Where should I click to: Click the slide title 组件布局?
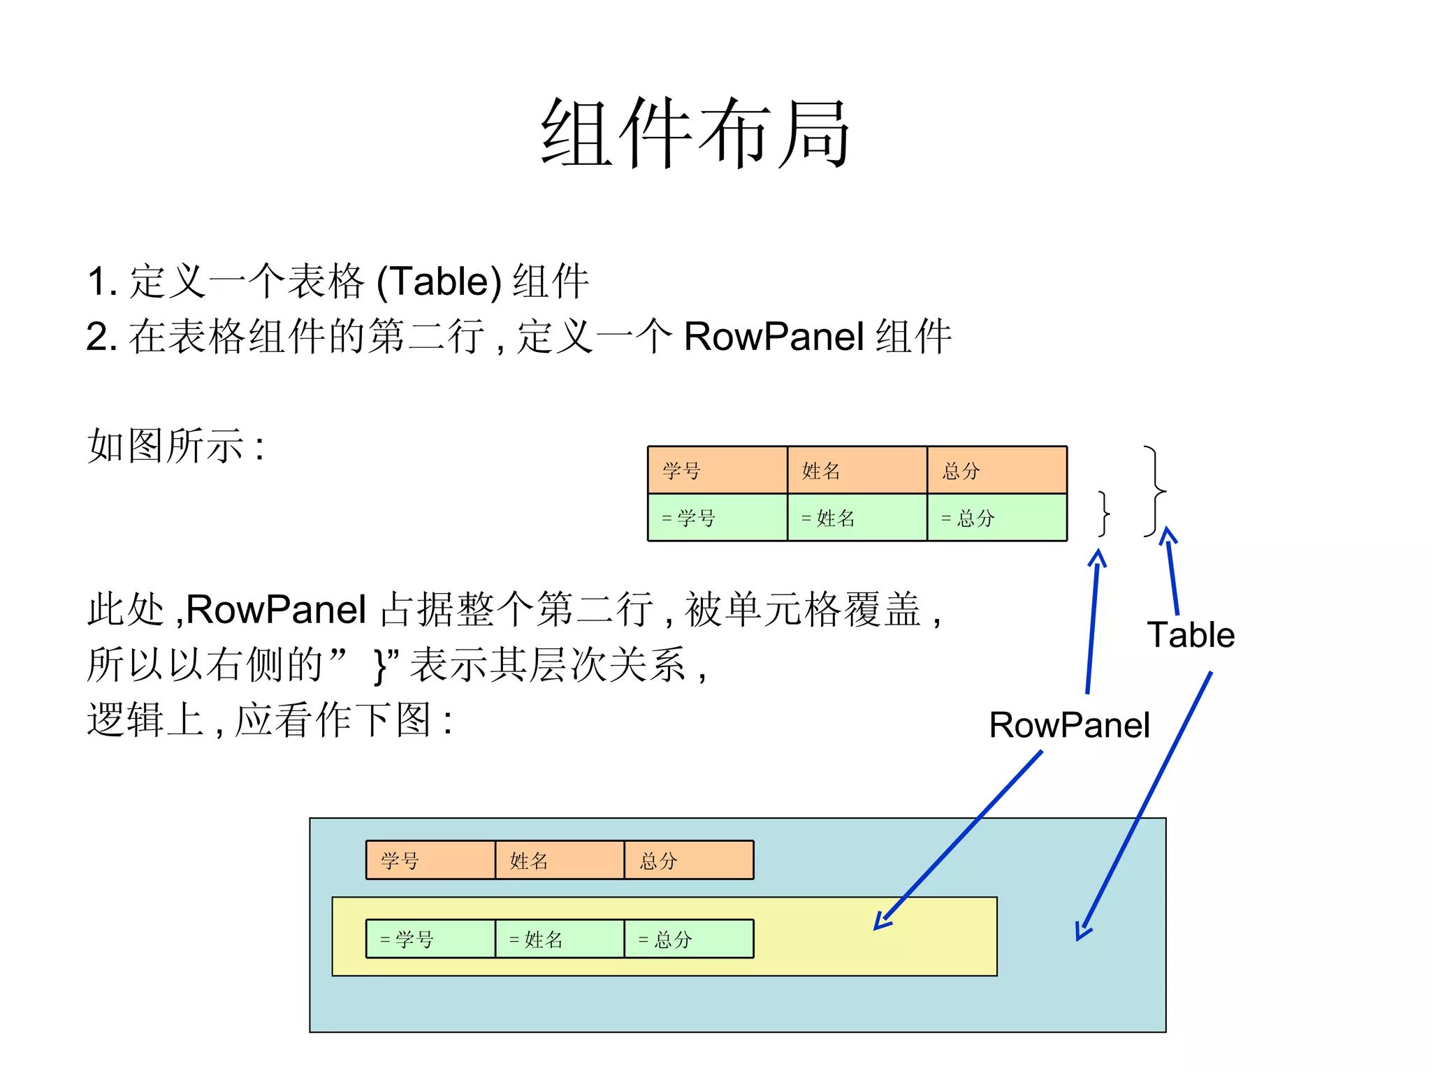click(695, 133)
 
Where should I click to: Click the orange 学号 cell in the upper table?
click(717, 470)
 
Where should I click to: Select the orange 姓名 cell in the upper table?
click(857, 470)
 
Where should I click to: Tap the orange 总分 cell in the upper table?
click(996, 470)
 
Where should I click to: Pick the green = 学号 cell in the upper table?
click(717, 518)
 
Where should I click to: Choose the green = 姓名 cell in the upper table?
click(857, 518)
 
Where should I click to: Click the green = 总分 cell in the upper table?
click(996, 518)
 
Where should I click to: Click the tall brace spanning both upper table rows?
click(1154, 491)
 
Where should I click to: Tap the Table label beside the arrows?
click(1191, 635)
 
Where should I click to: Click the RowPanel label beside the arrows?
click(1069, 725)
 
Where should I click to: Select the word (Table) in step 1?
click(439, 282)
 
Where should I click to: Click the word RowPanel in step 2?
click(774, 336)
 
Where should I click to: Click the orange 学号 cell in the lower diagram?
click(430, 860)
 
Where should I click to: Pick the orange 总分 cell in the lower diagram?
click(688, 860)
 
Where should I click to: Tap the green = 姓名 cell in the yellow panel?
click(559, 939)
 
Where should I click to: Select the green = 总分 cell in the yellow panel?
click(688, 939)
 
